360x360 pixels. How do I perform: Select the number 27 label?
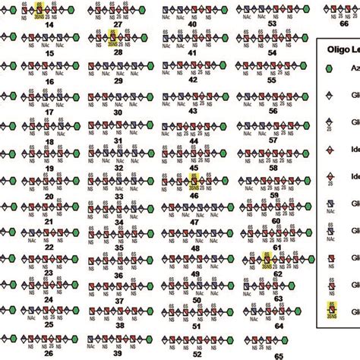pyautogui.click(x=117, y=24)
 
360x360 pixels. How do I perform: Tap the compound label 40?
pyautogui.click(x=192, y=24)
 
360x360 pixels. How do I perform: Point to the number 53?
pyautogui.click(x=272, y=24)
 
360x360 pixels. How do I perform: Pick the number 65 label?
pyautogui.click(x=278, y=354)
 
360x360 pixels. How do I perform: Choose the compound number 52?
pyautogui.click(x=197, y=354)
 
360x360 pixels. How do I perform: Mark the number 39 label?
pyautogui.click(x=119, y=354)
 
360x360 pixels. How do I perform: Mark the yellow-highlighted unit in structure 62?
pyautogui.click(x=266, y=260)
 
